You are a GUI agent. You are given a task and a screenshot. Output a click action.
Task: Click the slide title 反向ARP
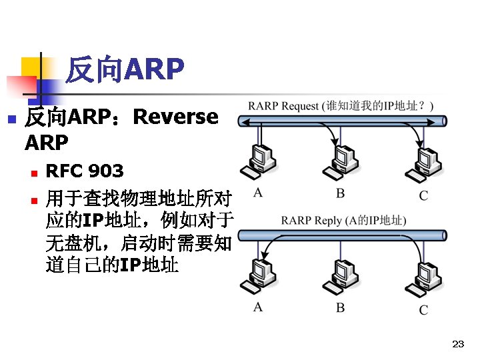click(125, 69)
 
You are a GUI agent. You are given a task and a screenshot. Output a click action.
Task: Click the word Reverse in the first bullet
click(175, 117)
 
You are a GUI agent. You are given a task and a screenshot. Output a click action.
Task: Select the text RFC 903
click(84, 171)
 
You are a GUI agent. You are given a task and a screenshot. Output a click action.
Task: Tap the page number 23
click(457, 344)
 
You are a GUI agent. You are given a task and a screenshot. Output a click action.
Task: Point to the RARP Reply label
click(343, 220)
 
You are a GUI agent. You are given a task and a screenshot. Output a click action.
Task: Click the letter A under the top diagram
click(257, 193)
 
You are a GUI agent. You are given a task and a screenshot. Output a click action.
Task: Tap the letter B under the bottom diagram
click(340, 308)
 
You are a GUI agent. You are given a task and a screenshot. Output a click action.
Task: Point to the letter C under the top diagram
click(423, 195)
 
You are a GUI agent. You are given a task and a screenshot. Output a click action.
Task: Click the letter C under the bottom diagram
click(423, 309)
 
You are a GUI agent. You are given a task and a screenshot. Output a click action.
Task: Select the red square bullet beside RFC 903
click(35, 173)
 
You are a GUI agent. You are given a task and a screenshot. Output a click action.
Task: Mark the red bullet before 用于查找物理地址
click(35, 199)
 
